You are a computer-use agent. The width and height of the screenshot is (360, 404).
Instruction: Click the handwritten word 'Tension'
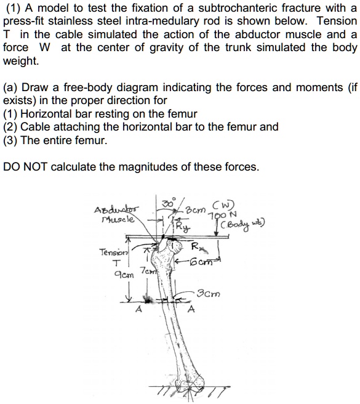coord(113,252)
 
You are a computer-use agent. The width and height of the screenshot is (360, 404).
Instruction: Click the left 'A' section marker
coord(138,310)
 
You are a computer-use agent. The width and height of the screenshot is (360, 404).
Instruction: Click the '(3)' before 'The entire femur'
coord(10,140)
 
